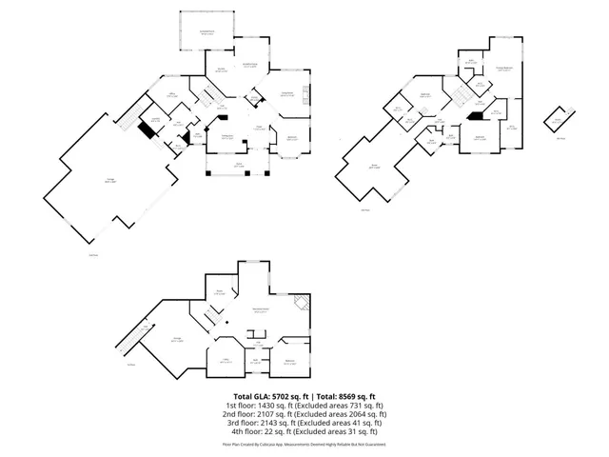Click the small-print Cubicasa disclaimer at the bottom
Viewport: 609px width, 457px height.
tap(304, 444)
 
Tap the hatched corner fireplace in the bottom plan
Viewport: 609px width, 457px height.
tap(302, 304)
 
